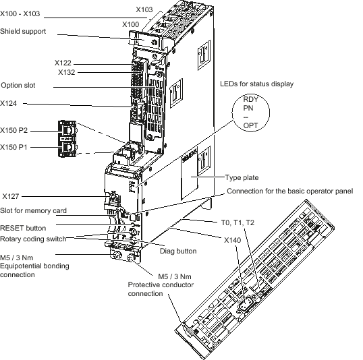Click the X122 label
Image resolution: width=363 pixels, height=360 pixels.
tap(63, 63)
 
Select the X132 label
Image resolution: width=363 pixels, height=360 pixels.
tap(66, 72)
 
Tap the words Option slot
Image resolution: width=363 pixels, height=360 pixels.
tap(18, 85)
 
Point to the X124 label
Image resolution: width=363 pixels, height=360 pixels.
tap(9, 103)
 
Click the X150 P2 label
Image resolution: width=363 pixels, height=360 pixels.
tap(14, 131)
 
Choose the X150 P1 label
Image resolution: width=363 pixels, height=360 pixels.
tap(13, 147)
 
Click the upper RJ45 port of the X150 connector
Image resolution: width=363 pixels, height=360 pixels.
tap(67, 130)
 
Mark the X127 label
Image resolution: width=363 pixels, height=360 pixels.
tap(11, 196)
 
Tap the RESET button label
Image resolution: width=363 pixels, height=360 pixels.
tap(23, 228)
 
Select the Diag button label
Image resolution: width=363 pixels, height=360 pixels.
tap(178, 251)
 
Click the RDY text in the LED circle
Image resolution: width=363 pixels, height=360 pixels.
tap(251, 99)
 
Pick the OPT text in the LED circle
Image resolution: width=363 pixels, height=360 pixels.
tap(250, 125)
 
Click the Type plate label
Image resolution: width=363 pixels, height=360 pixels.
tap(242, 178)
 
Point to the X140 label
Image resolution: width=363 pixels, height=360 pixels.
tap(233, 240)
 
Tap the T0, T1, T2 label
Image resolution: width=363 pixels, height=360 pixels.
tap(238, 222)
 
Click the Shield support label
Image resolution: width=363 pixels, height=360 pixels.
tap(23, 32)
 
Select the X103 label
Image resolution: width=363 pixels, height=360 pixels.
tap(144, 9)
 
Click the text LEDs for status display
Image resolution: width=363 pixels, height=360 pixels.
tap(257, 84)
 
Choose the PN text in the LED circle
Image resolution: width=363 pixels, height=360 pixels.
tap(248, 108)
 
